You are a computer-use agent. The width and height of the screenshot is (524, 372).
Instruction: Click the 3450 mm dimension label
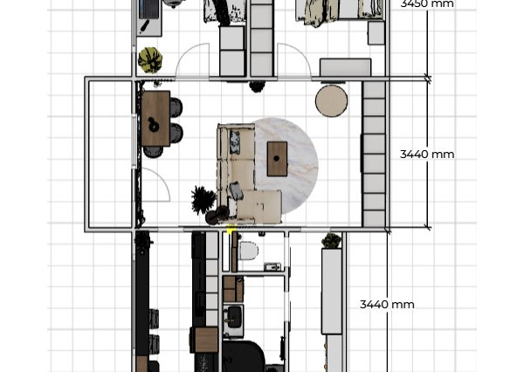coord(427,3)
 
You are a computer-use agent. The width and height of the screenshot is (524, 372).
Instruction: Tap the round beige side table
coord(332,101)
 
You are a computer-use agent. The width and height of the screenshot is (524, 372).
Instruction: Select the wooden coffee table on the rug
coord(277,159)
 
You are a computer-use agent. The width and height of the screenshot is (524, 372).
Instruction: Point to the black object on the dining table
coord(154,124)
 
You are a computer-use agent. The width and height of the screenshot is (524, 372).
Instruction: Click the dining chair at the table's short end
coord(154,152)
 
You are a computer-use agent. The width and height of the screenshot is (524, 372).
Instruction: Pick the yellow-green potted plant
coord(150,60)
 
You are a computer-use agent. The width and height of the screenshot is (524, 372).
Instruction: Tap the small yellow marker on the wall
coord(231,230)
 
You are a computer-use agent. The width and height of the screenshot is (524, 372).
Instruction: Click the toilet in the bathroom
coord(249,251)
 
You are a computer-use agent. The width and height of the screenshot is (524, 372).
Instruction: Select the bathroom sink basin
coord(234,317)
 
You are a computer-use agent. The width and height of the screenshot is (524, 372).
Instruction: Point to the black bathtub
coord(244,356)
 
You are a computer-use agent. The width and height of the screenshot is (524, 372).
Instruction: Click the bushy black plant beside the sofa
coord(203,200)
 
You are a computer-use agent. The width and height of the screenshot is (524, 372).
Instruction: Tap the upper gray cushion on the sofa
coord(235,142)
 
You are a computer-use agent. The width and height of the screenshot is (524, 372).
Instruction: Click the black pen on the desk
coord(144,26)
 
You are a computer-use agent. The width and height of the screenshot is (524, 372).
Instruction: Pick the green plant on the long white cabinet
coord(331,241)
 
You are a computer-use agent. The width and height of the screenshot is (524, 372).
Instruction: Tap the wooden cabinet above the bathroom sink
coord(233,289)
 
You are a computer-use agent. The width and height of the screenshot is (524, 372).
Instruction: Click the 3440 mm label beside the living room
coord(427,155)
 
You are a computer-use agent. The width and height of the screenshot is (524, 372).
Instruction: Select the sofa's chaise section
coord(259,205)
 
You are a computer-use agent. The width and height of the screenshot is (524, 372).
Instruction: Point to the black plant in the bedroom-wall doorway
coord(257,86)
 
